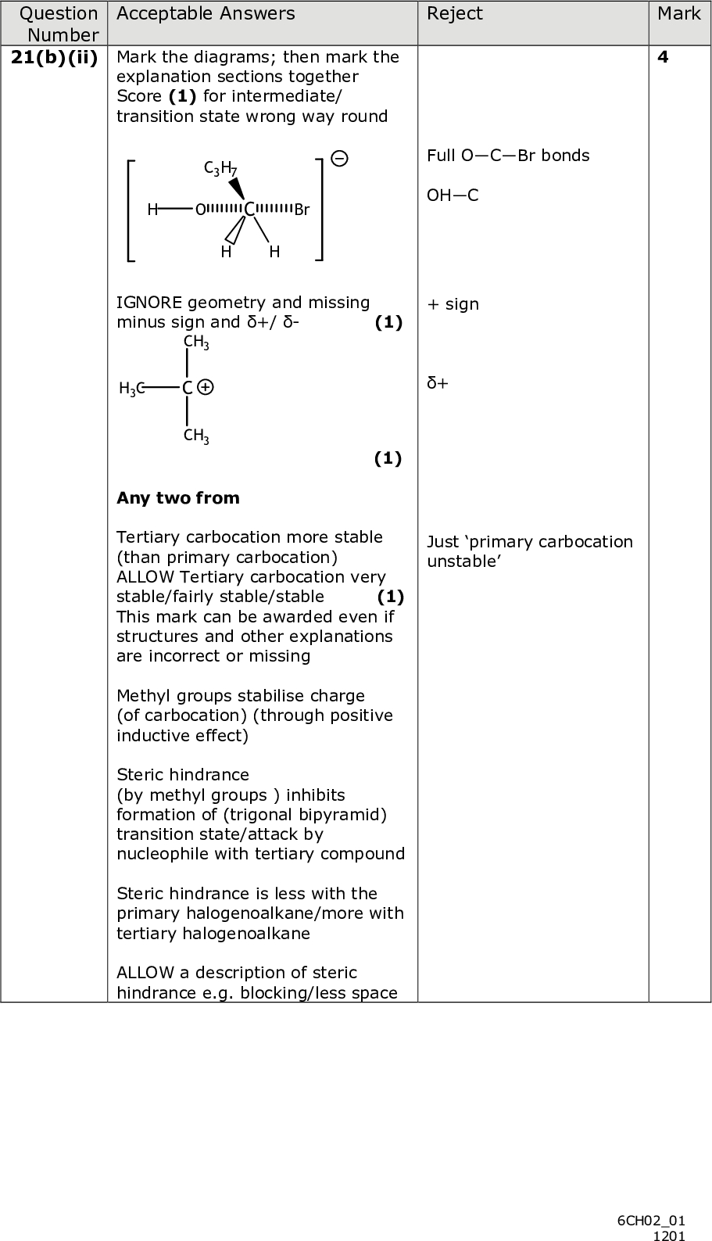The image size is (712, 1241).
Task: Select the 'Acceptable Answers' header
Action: point(206,14)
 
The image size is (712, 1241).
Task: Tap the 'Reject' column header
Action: point(455,14)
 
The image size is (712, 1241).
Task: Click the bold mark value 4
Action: point(663,57)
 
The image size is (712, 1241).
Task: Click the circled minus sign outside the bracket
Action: point(339,159)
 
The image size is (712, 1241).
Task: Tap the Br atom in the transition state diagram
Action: point(302,210)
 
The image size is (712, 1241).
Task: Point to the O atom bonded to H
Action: point(201,210)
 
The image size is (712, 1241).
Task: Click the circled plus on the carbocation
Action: point(206,387)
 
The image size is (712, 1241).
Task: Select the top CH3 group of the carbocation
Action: point(195,342)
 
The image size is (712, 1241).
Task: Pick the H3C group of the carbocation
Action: point(131,388)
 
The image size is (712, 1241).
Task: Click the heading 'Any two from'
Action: point(177,498)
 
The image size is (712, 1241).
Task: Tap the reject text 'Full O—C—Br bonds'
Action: point(508,156)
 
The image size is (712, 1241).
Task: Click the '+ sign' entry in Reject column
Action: point(453,304)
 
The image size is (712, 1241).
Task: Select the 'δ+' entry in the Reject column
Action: point(438,383)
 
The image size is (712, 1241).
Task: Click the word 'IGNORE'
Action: point(149,303)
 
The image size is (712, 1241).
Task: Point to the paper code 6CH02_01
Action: point(650,1220)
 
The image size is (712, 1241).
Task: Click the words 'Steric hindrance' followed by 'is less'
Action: point(182,894)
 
